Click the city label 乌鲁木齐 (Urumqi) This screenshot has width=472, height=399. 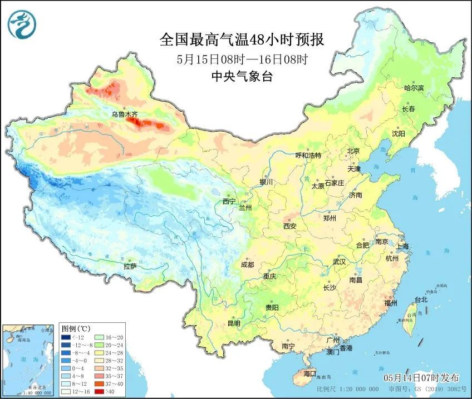[x=124, y=114]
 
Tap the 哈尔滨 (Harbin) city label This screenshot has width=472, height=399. [x=414, y=88]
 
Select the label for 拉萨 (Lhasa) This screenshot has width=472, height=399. [x=130, y=267]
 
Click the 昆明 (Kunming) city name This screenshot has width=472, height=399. [x=234, y=323]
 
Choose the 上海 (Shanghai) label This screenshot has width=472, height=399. [x=402, y=246]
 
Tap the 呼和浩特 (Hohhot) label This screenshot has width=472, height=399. [x=308, y=156]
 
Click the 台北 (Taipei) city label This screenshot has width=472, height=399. [x=421, y=300]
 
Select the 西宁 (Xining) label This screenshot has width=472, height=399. [x=229, y=201]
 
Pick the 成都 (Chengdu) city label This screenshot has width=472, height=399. [x=248, y=265]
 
